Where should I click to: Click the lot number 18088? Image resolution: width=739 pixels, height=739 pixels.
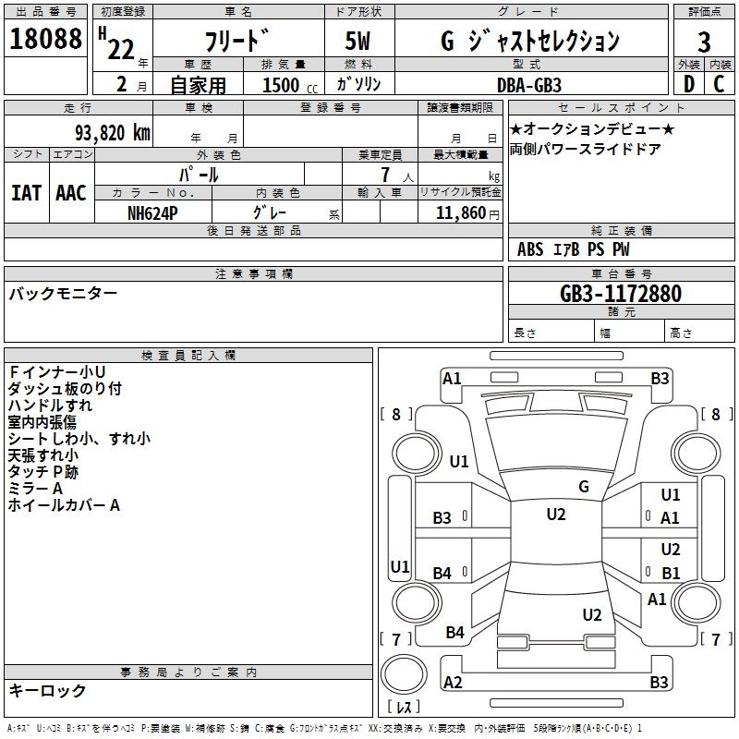pos(46,40)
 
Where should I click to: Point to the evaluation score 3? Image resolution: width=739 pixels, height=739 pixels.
pos(704,42)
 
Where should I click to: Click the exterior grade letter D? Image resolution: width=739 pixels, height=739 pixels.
pos(688,83)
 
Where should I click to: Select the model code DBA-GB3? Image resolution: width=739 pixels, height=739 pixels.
pos(529,84)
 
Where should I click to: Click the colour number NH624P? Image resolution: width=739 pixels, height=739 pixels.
pos(153,212)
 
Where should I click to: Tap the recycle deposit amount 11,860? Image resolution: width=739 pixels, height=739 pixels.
pos(462,212)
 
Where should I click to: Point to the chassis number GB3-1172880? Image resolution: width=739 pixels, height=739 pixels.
pos(621,294)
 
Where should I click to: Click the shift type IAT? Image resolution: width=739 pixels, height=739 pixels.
pos(26,193)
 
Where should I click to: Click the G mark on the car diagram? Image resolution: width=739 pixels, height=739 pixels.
pos(583,487)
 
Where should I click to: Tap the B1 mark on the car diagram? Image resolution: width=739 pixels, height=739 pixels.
pos(671,573)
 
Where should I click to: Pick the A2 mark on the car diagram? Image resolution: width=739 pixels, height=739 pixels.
pos(453,682)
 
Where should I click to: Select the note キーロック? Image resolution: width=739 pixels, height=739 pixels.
pos(47,691)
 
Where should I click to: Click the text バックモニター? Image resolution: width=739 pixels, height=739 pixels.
pos(63,294)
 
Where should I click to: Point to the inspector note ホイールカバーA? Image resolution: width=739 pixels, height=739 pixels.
pos(64,505)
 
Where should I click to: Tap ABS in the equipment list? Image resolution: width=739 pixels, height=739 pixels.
pos(530,249)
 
